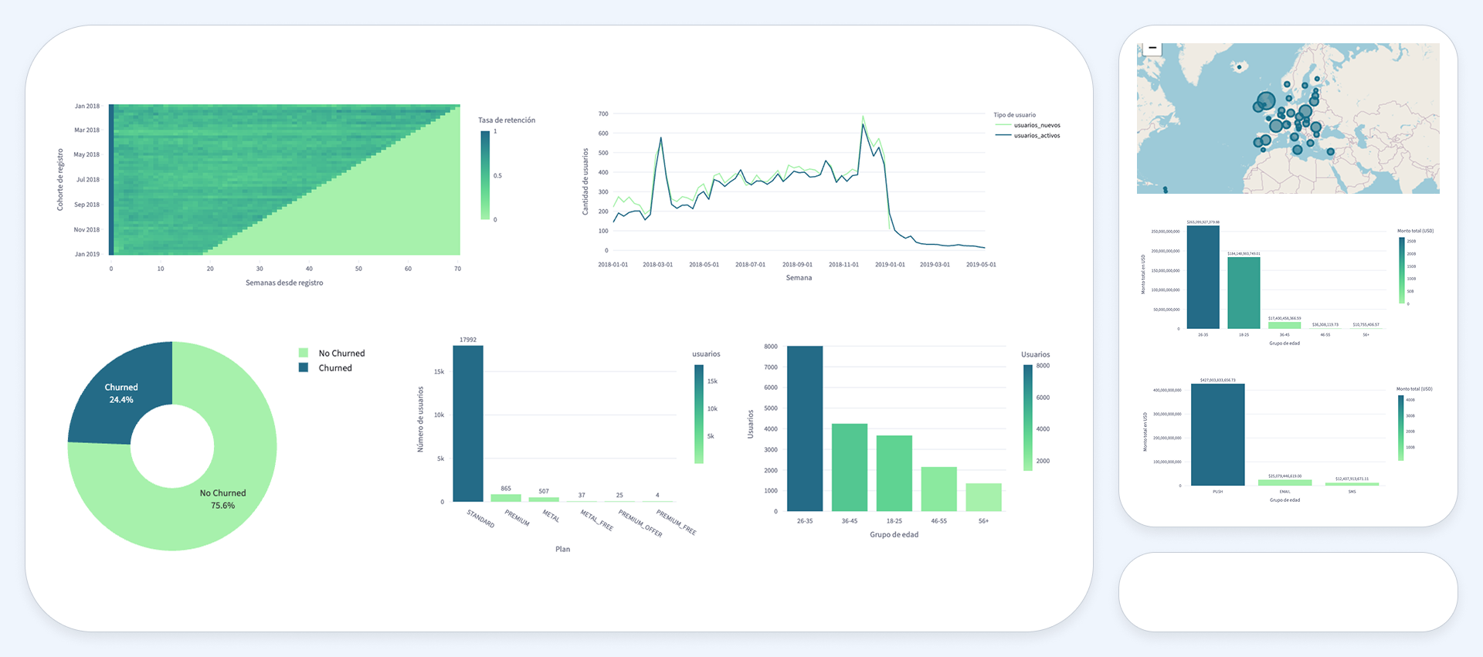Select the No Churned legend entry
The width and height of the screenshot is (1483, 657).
(x=341, y=353)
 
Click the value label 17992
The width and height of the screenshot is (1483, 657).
(x=467, y=340)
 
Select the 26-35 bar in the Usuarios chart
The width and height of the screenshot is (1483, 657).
(x=804, y=428)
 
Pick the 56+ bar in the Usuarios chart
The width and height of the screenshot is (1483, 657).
(x=983, y=497)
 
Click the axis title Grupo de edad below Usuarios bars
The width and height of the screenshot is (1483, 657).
(x=894, y=534)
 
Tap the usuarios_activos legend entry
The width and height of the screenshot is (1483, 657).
(x=1037, y=136)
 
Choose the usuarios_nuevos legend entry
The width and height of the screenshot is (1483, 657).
(x=1037, y=125)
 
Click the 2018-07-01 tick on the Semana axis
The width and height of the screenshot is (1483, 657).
(x=750, y=265)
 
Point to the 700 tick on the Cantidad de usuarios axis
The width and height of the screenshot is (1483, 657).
(x=603, y=114)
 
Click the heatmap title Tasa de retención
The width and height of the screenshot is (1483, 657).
(x=506, y=120)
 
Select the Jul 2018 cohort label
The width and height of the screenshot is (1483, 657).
(x=87, y=180)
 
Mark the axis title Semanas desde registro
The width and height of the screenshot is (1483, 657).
(x=284, y=283)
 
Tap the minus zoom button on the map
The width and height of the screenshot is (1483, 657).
(x=1152, y=48)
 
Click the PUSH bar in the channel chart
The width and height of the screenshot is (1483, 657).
(x=1217, y=435)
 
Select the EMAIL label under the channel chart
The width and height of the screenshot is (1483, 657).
(x=1284, y=492)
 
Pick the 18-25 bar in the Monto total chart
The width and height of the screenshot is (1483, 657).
(x=1244, y=293)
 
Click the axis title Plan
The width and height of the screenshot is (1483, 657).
(x=562, y=549)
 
